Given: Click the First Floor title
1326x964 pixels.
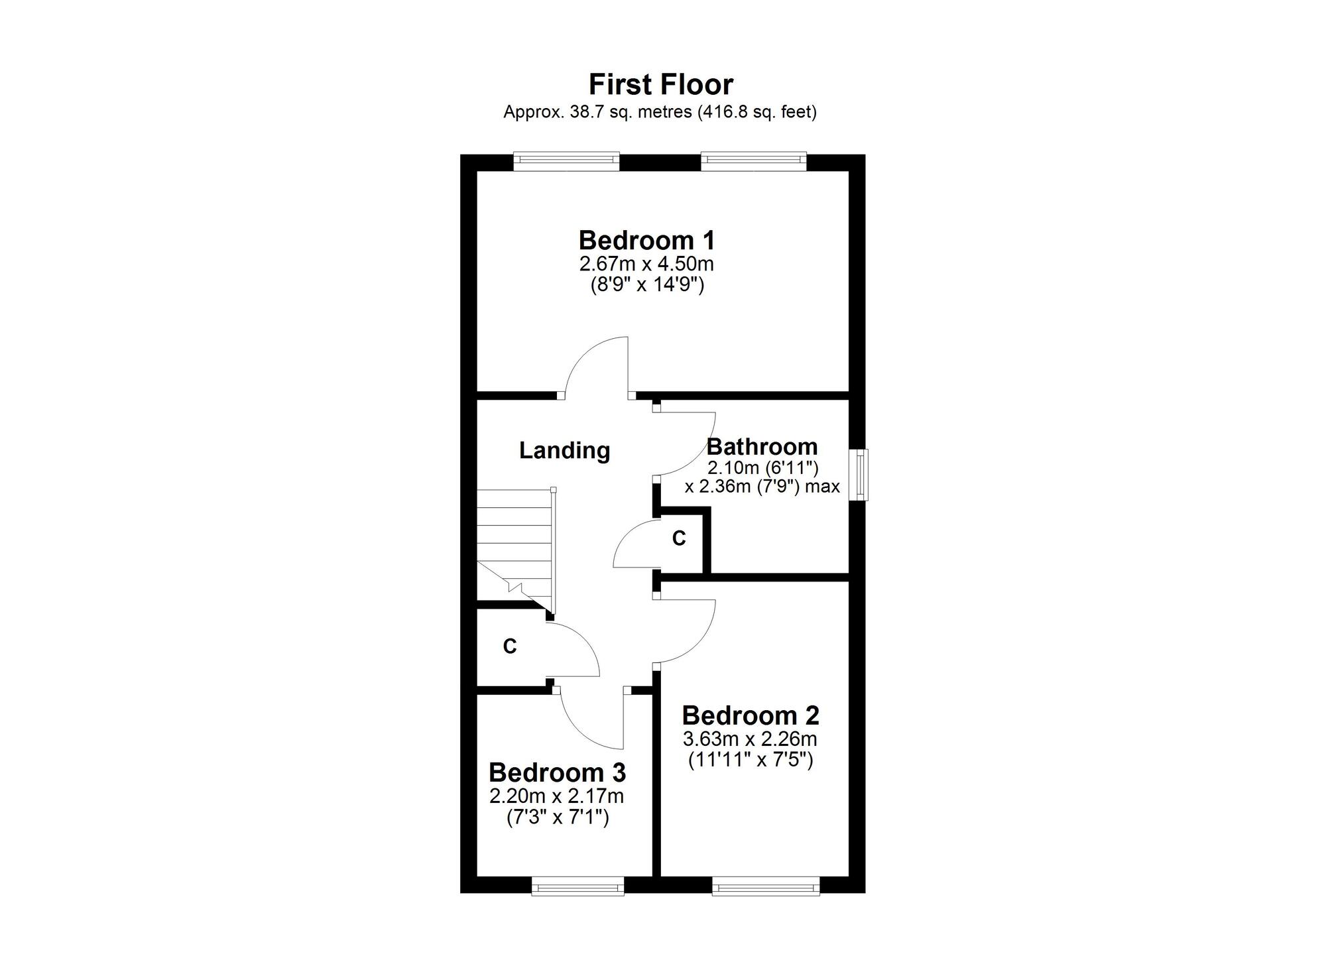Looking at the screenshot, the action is (661, 85).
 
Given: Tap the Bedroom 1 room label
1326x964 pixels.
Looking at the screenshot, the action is (647, 239).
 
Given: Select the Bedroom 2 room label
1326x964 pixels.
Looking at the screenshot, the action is (751, 715).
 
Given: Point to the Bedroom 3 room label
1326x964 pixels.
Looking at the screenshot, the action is (558, 772).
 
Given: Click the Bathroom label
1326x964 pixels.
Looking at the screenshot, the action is (762, 446).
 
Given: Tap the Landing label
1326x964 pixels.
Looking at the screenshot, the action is (564, 450).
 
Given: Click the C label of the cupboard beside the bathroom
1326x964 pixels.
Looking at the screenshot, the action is (679, 538).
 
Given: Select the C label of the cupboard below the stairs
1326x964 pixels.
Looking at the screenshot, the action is (510, 646).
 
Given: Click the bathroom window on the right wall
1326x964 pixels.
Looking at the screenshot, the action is (861, 475).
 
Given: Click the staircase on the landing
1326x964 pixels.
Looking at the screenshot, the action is (516, 550).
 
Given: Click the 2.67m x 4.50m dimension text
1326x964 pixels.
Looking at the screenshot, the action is (646, 264).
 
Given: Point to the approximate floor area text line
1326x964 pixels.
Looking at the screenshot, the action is (660, 112).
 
